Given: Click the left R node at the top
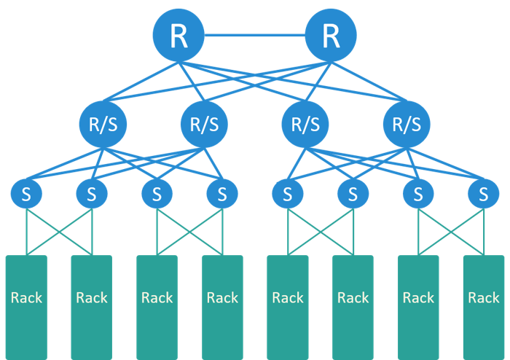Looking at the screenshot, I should click(x=178, y=35).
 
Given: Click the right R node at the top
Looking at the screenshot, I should click(x=331, y=35).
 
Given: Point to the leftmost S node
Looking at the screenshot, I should click(x=26, y=194).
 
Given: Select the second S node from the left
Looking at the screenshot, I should click(x=92, y=194).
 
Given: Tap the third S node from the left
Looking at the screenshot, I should click(x=157, y=194).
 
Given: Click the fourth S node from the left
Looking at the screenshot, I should click(x=222, y=194).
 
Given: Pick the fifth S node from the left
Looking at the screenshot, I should click(x=288, y=194).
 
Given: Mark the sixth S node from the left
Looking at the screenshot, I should click(x=353, y=194).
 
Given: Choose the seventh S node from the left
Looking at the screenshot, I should click(x=418, y=194).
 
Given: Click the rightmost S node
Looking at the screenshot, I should click(x=484, y=194).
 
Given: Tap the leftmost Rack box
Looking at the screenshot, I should click(x=26, y=306).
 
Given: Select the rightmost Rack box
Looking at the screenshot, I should click(x=484, y=306).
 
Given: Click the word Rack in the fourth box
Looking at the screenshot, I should click(x=222, y=297).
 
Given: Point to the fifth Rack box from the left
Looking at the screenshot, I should click(x=288, y=306).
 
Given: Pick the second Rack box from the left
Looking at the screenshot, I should click(x=92, y=306).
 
